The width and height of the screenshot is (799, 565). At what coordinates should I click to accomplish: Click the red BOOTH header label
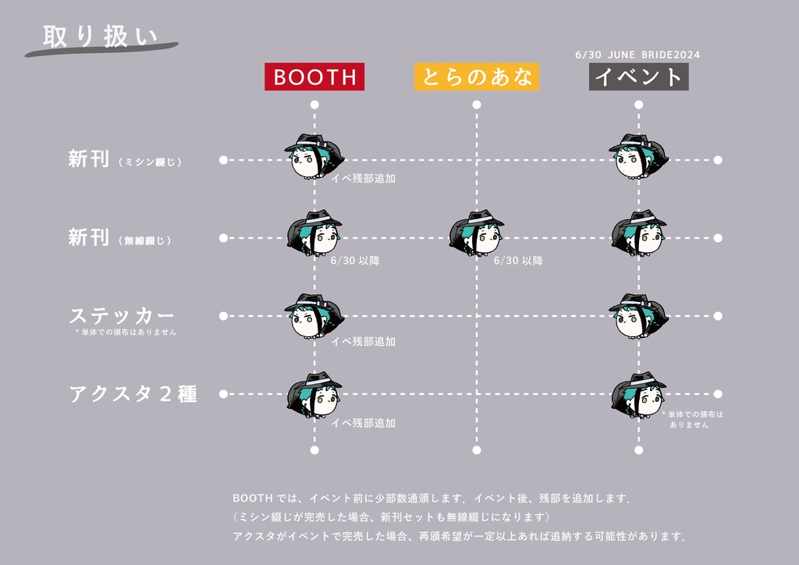click(x=314, y=76)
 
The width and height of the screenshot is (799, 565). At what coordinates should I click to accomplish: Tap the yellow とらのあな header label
click(x=477, y=76)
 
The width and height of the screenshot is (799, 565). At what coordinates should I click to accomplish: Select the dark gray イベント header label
click(x=638, y=76)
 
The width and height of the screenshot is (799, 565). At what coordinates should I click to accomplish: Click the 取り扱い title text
click(x=99, y=37)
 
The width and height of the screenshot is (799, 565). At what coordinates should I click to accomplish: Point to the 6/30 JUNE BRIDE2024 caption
click(x=637, y=55)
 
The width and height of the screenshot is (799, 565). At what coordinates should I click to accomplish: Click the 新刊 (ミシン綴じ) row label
click(x=125, y=160)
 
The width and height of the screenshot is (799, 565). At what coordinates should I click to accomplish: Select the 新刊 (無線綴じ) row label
click(x=119, y=238)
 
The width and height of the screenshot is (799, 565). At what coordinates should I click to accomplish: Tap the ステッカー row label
click(x=121, y=316)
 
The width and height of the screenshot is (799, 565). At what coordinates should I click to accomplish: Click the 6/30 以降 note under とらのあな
click(x=518, y=261)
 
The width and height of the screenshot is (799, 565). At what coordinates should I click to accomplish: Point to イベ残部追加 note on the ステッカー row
click(x=363, y=342)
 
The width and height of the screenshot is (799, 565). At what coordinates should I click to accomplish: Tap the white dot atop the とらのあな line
click(x=477, y=104)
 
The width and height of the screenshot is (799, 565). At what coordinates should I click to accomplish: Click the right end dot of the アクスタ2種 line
click(x=718, y=395)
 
